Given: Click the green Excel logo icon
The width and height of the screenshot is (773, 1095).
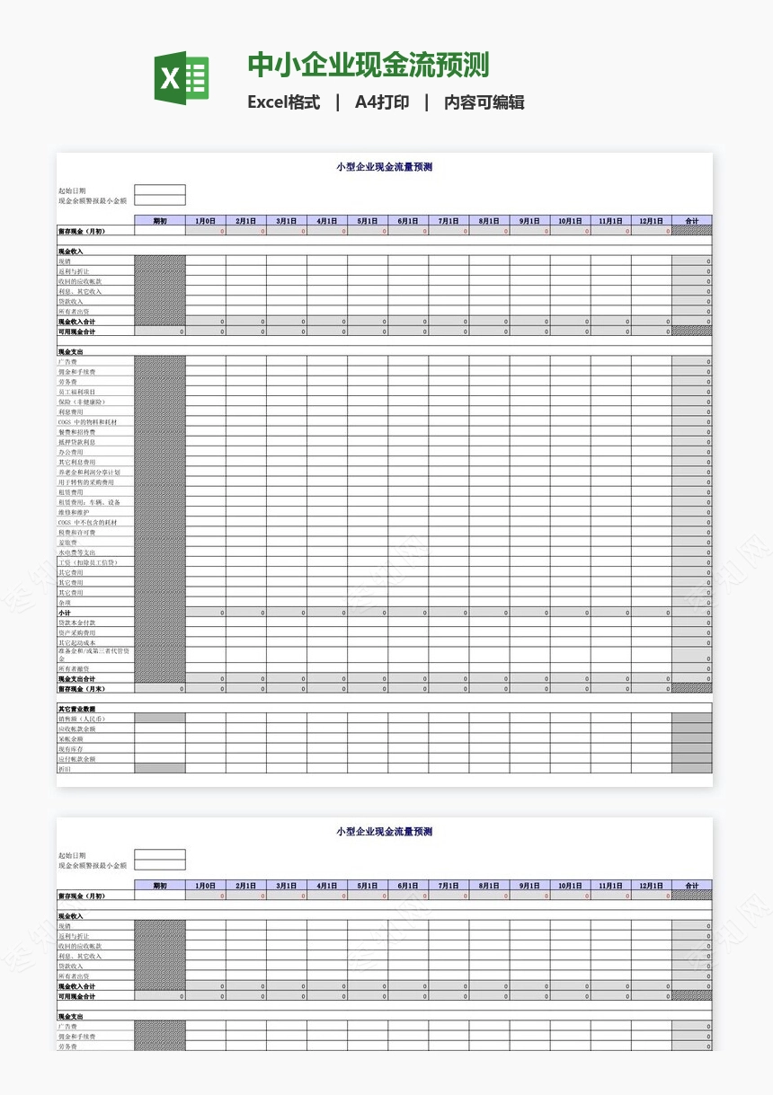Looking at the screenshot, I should pos(182,78).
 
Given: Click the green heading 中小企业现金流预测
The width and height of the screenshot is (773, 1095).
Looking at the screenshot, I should pos(369,66).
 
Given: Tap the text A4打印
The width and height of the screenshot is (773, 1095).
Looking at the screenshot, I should pos(382,102).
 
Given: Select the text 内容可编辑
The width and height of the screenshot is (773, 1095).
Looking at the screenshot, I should pos(484,102).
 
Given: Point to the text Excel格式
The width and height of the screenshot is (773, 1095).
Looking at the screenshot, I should pos(283,102).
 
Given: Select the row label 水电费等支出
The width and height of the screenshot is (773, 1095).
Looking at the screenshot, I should pos(76,552).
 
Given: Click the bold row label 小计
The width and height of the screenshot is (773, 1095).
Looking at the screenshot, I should pos(65,613).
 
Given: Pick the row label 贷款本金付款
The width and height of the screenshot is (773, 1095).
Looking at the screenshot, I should pos(76,623).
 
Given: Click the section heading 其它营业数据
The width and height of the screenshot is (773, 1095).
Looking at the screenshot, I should pos(76,709).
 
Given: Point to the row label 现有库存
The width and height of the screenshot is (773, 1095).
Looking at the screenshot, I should pos(72,748).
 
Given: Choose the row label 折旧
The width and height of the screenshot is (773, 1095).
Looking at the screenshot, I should pos(64,769).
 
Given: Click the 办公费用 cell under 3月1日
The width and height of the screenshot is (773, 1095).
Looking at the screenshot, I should pos(287,452).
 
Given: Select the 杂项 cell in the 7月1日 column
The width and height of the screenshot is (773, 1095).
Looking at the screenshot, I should pos(449,603).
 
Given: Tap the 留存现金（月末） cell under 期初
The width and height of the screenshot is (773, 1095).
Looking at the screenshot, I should pos(160,689).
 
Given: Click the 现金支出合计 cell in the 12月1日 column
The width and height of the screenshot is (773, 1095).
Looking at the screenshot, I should pos(651,679).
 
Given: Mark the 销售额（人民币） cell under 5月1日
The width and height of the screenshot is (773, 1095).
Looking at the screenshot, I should pos(368,719).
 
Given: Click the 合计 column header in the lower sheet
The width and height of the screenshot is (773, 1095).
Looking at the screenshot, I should pos(691,886).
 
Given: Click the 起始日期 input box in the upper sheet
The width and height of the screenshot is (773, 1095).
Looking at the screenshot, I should pos(160,190).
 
